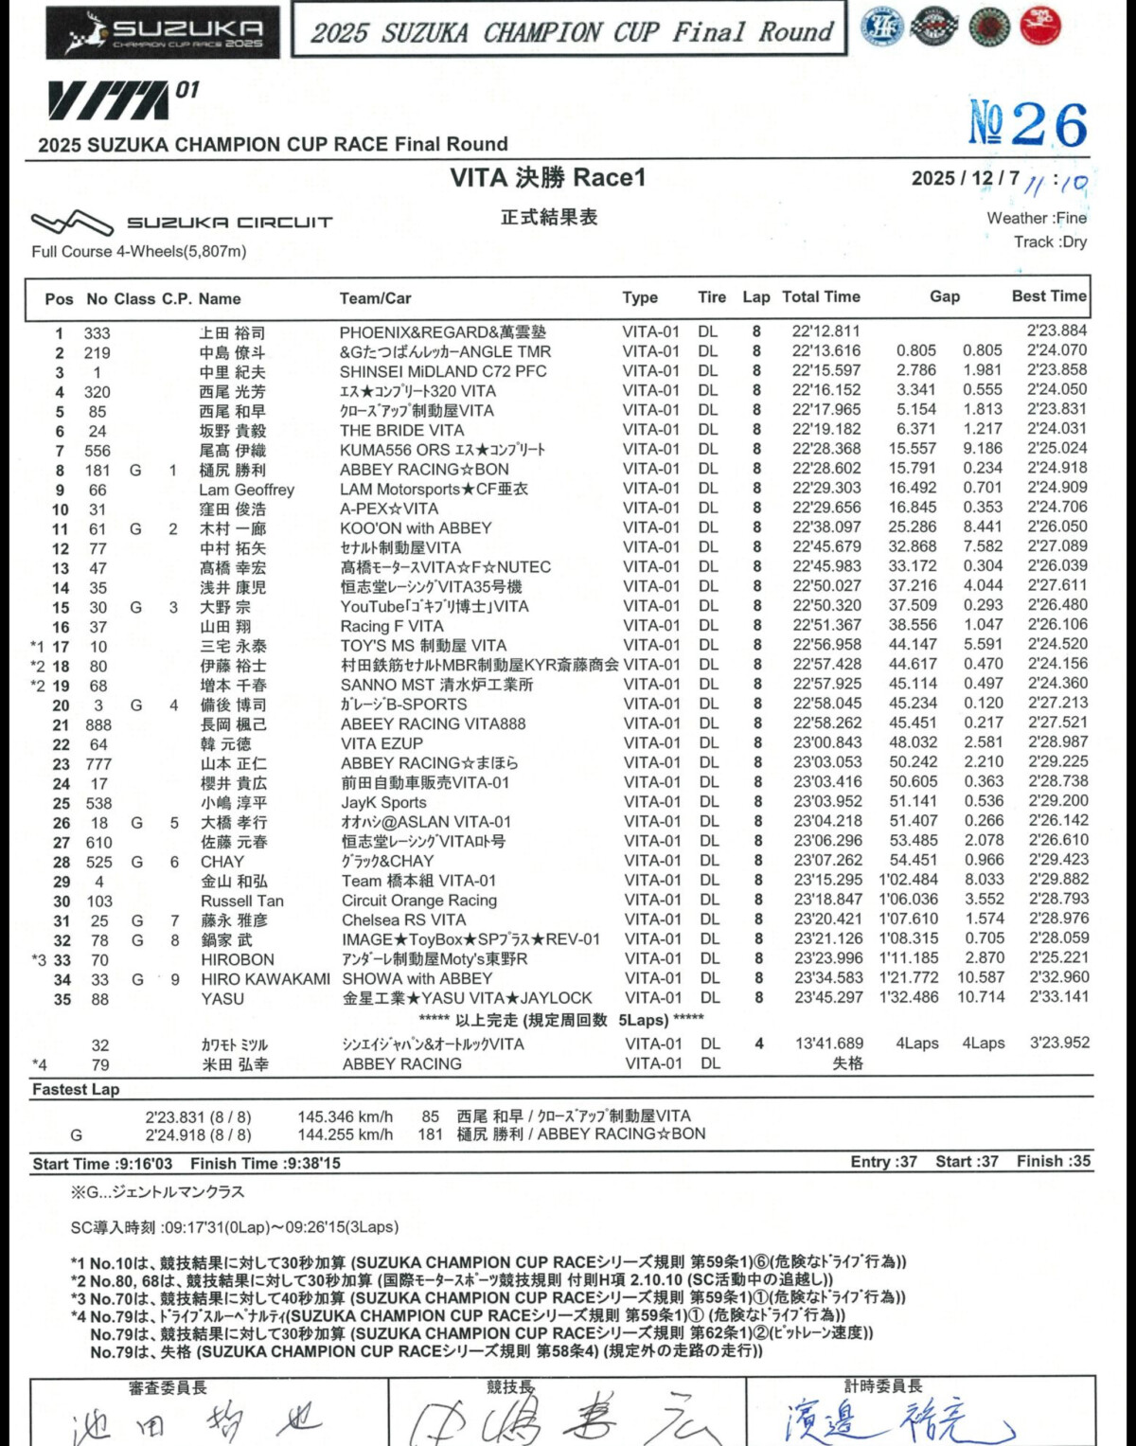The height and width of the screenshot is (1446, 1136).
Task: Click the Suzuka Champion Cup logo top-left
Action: (x=163, y=33)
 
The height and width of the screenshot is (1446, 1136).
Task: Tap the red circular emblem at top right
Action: (x=1040, y=27)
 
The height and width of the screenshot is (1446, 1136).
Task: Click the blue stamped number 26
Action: (x=1028, y=124)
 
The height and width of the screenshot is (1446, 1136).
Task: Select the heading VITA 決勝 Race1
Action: (x=547, y=177)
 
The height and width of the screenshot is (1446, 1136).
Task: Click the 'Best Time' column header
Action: (x=1049, y=296)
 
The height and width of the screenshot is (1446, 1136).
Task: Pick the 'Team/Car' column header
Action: (x=375, y=298)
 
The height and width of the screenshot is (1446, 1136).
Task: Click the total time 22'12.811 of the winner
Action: (x=825, y=331)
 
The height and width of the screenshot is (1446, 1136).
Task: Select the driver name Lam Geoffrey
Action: (x=246, y=490)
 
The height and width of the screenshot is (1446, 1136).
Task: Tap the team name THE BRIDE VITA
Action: (x=401, y=430)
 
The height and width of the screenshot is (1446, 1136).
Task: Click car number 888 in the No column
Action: (x=98, y=724)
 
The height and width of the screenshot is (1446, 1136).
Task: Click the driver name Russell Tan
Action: (x=241, y=901)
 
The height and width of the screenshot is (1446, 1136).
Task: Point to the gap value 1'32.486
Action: (x=908, y=997)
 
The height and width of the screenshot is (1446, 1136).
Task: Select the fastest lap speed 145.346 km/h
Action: (x=345, y=1116)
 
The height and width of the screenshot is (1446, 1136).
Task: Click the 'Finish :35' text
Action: (x=1053, y=1161)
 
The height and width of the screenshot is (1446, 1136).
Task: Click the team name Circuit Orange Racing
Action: (x=418, y=901)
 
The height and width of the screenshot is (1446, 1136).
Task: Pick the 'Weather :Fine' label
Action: (x=1036, y=218)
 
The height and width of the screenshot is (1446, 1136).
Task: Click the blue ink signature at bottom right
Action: (x=895, y=1420)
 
